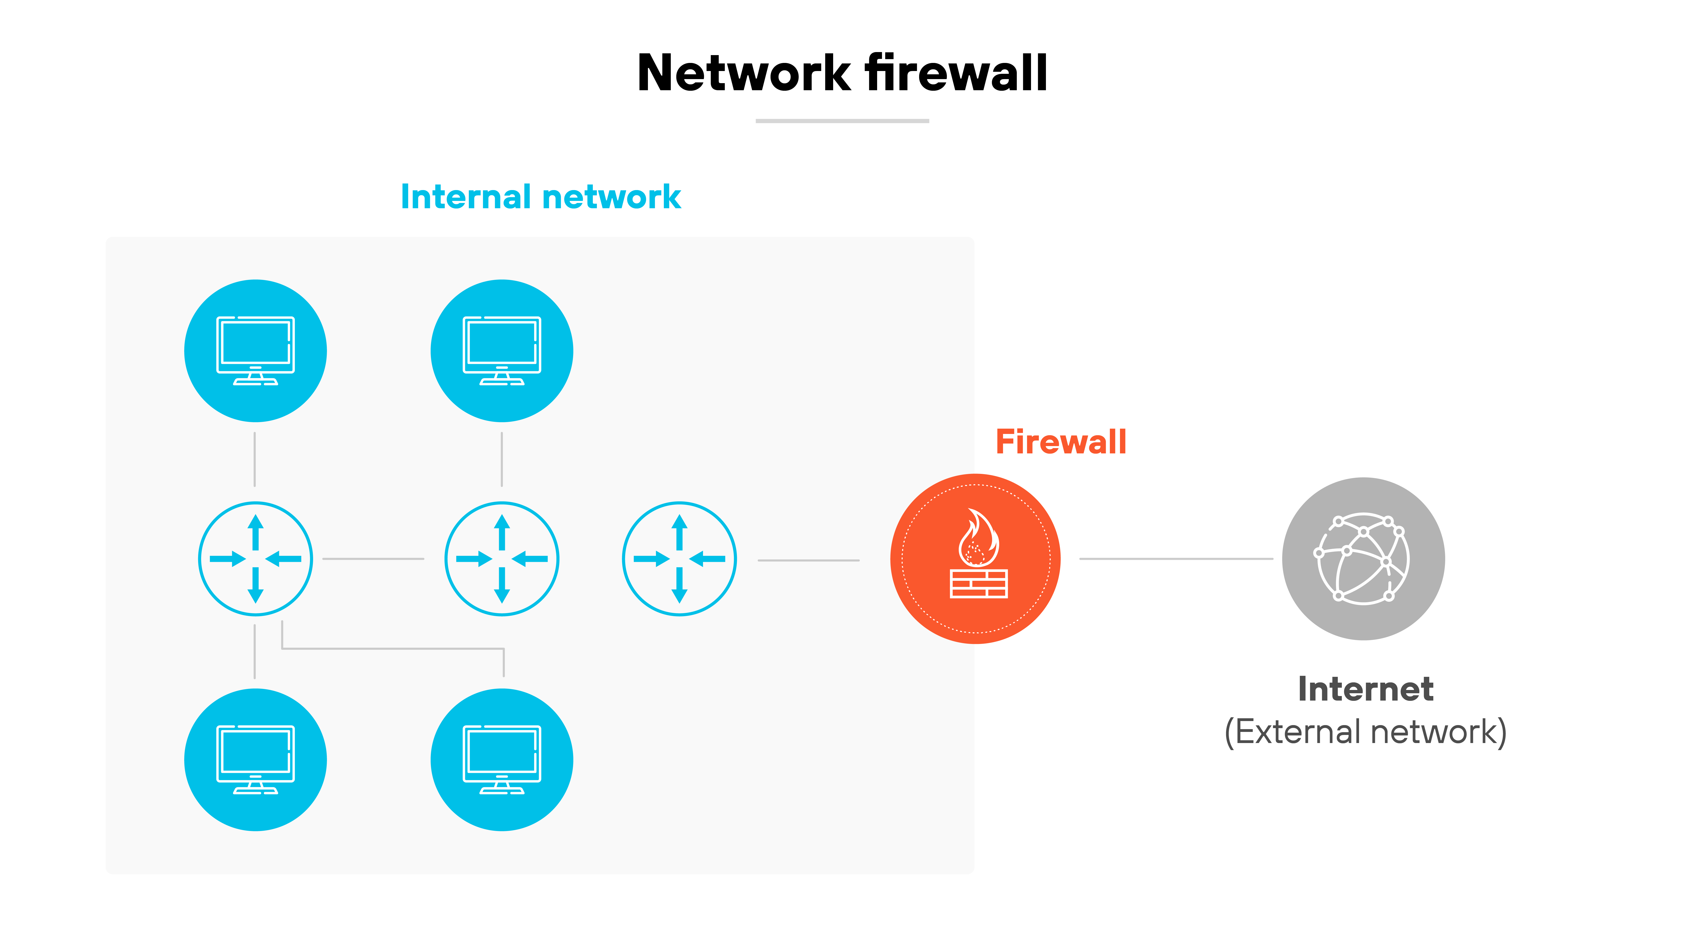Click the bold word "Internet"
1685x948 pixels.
click(x=1365, y=689)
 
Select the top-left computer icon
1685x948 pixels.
click(x=255, y=351)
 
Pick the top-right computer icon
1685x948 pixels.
click(x=502, y=351)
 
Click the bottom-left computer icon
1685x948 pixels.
click(x=255, y=759)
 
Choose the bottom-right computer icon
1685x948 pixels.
click(x=502, y=759)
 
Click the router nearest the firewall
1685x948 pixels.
click(x=679, y=559)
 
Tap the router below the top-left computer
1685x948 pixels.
click(x=255, y=559)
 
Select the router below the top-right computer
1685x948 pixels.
click(x=502, y=559)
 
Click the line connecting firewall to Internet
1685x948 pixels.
click(x=1176, y=559)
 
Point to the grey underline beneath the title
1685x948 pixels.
click(x=842, y=121)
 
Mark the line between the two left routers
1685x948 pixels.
click(x=373, y=559)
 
